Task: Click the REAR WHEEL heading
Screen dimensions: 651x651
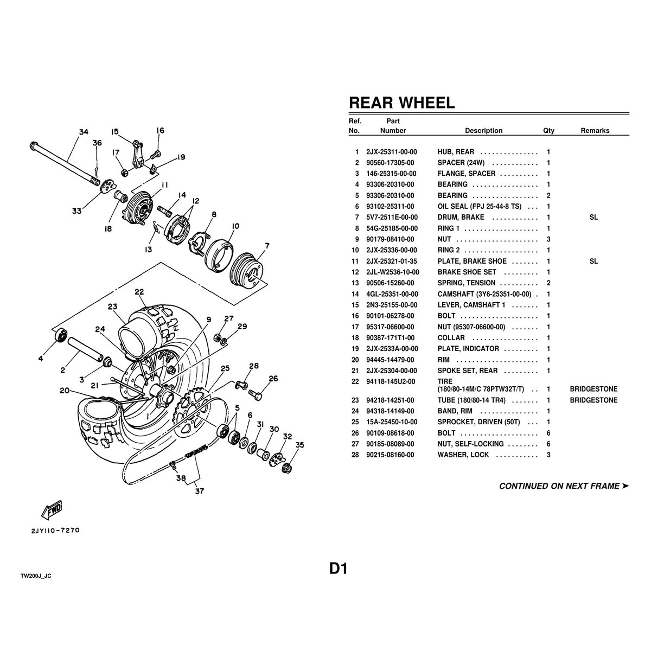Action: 401,103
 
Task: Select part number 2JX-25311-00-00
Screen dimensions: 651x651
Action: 392,152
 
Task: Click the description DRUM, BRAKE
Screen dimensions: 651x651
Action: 461,217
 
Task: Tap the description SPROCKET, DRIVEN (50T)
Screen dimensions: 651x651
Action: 478,422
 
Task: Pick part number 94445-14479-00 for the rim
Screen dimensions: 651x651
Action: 390,360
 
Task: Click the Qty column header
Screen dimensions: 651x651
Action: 548,131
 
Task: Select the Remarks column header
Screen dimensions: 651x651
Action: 595,131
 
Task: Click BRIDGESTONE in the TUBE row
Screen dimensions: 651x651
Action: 593,400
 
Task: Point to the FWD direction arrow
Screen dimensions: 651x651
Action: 52,510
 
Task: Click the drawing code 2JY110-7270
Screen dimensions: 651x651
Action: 55,531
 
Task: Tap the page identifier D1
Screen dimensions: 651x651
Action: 338,569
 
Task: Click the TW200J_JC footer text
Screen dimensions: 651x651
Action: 36,576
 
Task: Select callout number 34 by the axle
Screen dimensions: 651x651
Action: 84,132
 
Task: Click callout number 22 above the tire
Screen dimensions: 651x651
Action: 139,291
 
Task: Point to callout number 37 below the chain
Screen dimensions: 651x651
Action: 199,491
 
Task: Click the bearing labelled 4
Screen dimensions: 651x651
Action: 61,335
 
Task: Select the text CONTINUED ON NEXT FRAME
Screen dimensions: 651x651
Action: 559,486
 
